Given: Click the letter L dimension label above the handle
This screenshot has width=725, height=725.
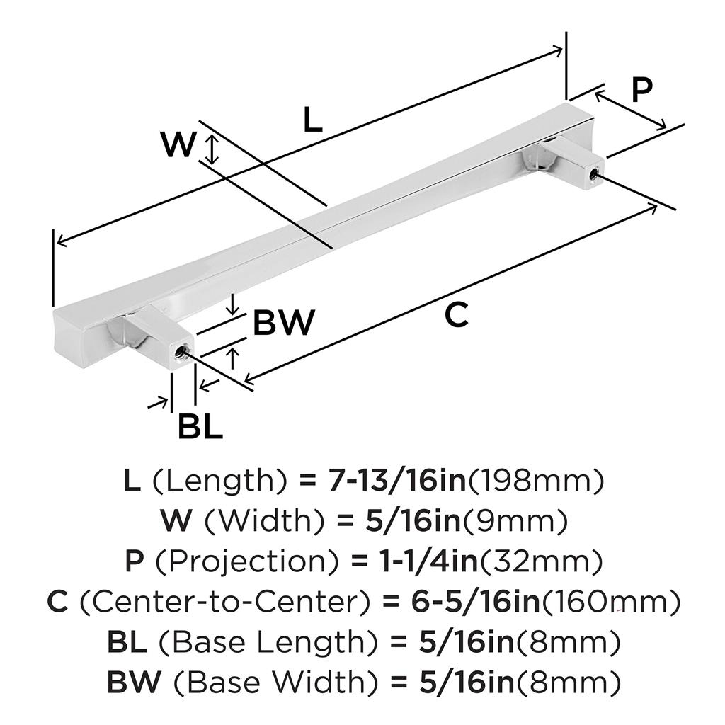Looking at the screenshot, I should pos(312,121).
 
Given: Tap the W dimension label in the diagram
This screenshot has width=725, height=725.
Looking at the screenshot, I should pos(177,146).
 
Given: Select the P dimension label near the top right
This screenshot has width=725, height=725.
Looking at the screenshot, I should pos(641,90).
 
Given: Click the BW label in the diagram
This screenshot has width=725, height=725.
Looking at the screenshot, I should pos(283,324).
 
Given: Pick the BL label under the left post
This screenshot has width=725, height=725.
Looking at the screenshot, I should pos(200,427).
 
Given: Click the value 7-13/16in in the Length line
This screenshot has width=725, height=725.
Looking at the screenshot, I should pos(396,481).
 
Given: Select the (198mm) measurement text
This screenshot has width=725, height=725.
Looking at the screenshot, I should pos(536,481).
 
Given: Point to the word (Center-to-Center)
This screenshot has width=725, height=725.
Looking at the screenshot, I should pos(224,603).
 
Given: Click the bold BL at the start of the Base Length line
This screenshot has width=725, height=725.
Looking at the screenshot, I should pos(127,644).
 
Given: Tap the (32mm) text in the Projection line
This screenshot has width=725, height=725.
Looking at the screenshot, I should pos(542,563).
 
